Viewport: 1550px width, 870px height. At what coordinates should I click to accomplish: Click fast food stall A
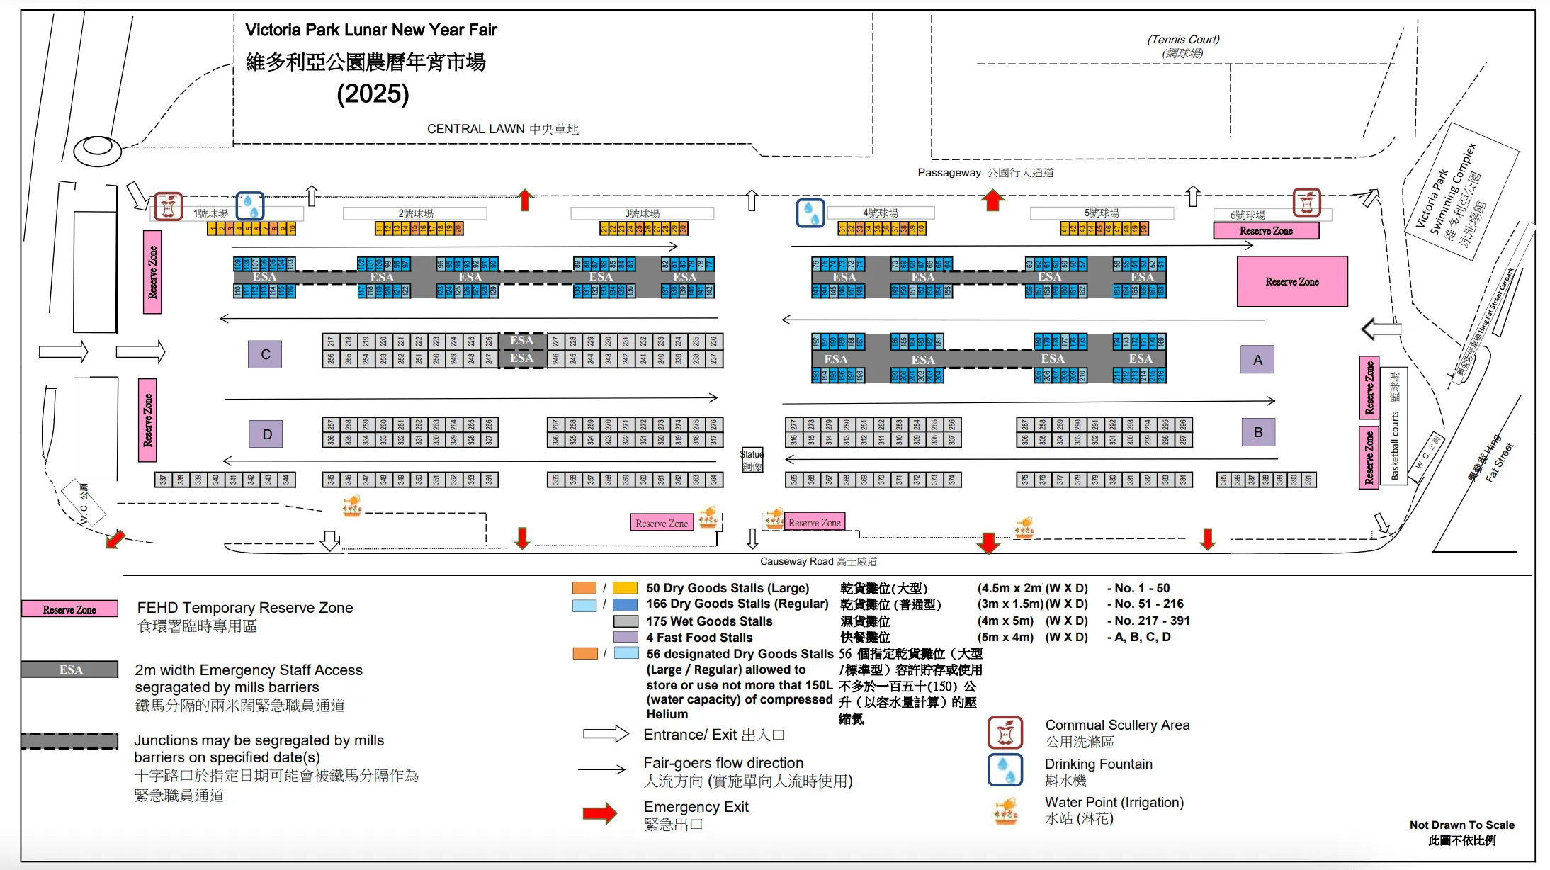(x=1257, y=359)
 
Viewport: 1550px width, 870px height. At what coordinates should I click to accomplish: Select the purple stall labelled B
(x=1258, y=432)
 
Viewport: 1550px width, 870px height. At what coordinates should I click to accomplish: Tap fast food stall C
(x=265, y=354)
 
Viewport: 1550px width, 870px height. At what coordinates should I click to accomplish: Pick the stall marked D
(x=266, y=434)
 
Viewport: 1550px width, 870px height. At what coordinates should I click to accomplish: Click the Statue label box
(x=752, y=460)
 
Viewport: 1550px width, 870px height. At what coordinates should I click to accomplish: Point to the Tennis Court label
(x=1183, y=45)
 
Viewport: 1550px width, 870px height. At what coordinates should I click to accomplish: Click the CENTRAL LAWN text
(x=502, y=129)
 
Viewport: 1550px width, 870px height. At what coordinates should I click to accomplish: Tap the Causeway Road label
(x=818, y=561)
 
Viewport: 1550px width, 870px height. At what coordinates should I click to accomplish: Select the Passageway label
(x=985, y=172)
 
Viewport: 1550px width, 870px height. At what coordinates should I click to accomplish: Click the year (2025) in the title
(x=373, y=94)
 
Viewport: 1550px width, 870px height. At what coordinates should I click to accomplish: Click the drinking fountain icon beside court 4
(x=810, y=212)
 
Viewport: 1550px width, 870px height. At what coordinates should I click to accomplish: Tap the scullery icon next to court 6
(x=1306, y=203)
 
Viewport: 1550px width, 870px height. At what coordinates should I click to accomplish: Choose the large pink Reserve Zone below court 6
(x=1291, y=281)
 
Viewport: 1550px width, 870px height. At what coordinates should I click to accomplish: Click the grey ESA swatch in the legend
(x=70, y=670)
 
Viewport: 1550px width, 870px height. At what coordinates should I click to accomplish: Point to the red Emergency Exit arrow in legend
(x=600, y=813)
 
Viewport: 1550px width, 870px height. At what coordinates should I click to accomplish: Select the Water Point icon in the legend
(x=1005, y=811)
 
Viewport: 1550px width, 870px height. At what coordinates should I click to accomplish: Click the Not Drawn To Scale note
(x=1461, y=832)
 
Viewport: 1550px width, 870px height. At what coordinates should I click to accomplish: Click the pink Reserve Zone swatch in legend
(x=69, y=609)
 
